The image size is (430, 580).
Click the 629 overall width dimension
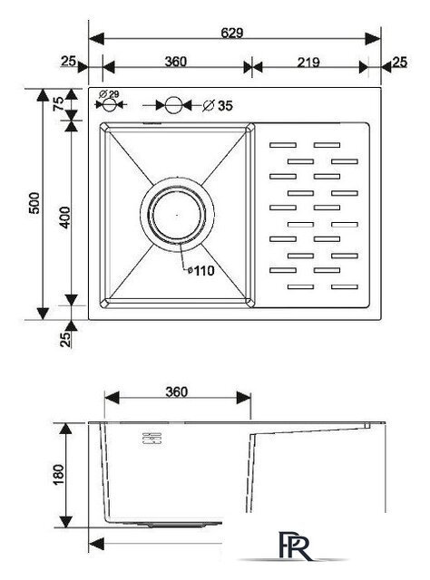point(232,33)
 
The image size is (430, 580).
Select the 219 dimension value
point(308,63)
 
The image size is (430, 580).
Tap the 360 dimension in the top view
point(176,62)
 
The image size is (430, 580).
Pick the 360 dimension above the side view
point(177,391)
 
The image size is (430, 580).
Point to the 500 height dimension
point(34,203)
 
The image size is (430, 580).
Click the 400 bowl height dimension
point(64,217)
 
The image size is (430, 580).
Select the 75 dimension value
point(58,103)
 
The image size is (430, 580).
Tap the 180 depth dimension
point(59,475)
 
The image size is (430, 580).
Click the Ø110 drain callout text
point(201,271)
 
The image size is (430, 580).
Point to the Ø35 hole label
point(218,106)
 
